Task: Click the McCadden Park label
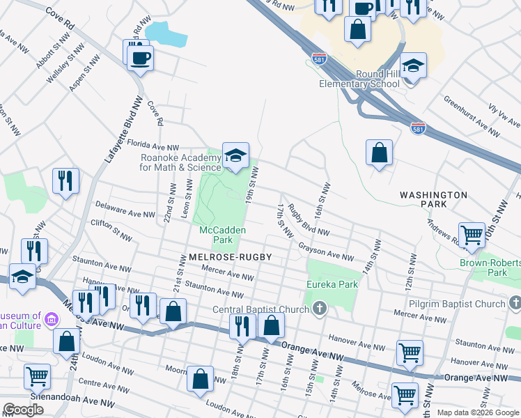point(216,234)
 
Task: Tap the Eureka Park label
point(332,284)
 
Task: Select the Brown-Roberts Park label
point(488,268)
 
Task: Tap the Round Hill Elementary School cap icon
point(413,66)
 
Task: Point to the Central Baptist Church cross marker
point(320,307)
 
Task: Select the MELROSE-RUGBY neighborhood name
point(229,257)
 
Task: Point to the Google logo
point(23,410)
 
